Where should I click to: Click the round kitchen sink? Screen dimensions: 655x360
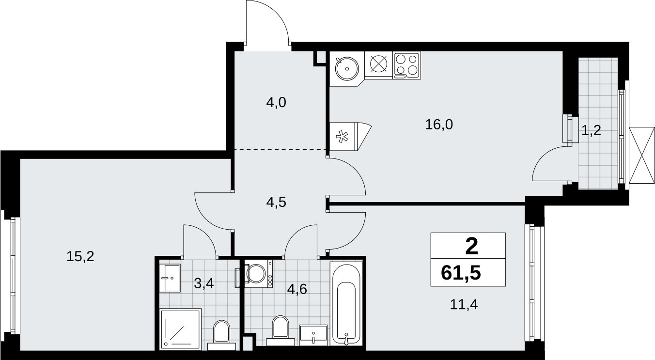click(x=347, y=68)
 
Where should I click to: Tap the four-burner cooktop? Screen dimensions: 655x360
click(x=407, y=65)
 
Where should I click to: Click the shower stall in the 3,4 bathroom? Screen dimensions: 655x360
click(x=180, y=329)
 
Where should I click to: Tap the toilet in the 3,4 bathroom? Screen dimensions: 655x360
click(x=222, y=336)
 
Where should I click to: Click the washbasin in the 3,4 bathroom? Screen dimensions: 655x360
click(x=170, y=278)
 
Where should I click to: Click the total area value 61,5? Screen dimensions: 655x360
click(x=461, y=273)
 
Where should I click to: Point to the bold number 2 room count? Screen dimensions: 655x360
click(x=471, y=246)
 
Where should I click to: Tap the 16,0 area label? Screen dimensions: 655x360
click(x=439, y=125)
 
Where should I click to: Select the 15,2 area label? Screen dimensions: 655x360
click(x=80, y=256)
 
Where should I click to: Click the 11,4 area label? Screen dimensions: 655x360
click(x=464, y=305)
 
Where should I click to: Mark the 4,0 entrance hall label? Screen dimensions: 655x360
click(x=276, y=103)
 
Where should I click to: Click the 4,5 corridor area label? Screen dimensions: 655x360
click(x=276, y=202)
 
